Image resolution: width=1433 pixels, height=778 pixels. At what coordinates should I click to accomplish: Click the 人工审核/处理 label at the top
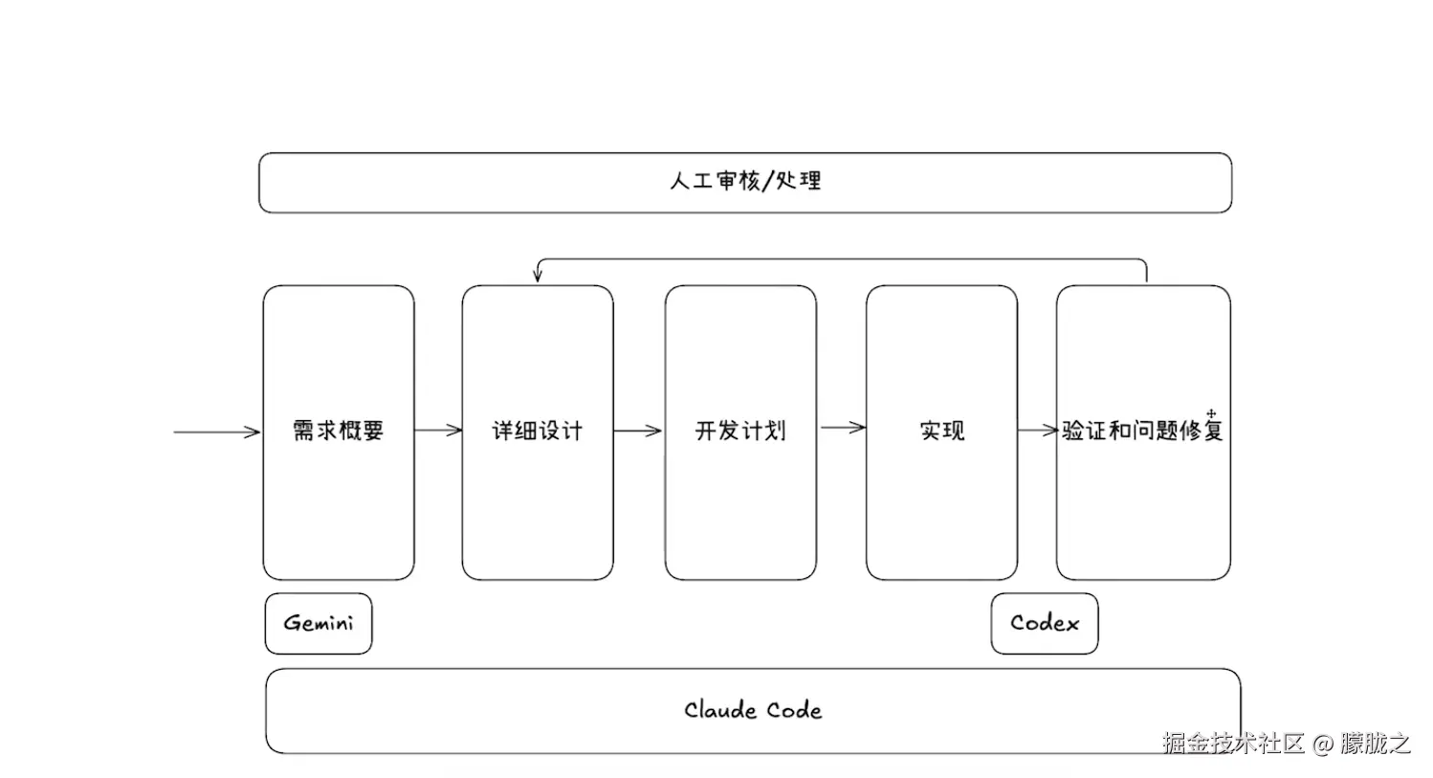[x=745, y=181]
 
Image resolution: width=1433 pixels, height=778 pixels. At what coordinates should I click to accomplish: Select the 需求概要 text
[x=338, y=432]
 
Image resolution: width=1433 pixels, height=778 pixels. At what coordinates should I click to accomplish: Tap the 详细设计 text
[x=537, y=432]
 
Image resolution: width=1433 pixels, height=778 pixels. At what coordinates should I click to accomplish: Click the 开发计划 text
[x=740, y=432]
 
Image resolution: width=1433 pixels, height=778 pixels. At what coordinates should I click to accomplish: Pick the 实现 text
[x=942, y=432]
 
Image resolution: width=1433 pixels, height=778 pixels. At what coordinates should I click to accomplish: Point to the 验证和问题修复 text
[x=1142, y=432]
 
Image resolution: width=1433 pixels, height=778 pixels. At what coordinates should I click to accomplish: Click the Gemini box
[x=319, y=623]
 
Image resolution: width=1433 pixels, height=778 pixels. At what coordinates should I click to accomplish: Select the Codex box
[x=1044, y=623]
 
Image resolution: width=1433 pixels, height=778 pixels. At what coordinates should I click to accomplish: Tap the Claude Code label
[x=753, y=710]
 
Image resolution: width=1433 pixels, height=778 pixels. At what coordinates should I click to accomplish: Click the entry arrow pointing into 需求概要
[x=217, y=432]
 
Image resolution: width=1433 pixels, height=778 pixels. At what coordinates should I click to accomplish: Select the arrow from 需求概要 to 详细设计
[x=438, y=431]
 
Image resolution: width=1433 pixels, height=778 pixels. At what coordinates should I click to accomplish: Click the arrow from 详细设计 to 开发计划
[x=638, y=431]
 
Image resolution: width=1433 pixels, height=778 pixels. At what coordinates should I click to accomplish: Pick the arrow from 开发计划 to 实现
[x=842, y=428]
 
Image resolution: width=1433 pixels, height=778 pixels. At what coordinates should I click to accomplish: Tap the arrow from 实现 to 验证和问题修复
[x=1037, y=431]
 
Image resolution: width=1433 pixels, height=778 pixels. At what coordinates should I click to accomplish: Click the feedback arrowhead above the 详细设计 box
[x=538, y=277]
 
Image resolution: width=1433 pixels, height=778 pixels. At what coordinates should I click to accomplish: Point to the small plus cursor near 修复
[x=1211, y=413]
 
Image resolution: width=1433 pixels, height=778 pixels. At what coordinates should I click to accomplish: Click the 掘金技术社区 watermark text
[x=1233, y=744]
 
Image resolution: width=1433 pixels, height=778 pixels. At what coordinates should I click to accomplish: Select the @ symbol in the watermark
[x=1322, y=744]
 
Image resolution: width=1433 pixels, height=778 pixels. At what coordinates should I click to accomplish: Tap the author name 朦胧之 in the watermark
[x=1375, y=744]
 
